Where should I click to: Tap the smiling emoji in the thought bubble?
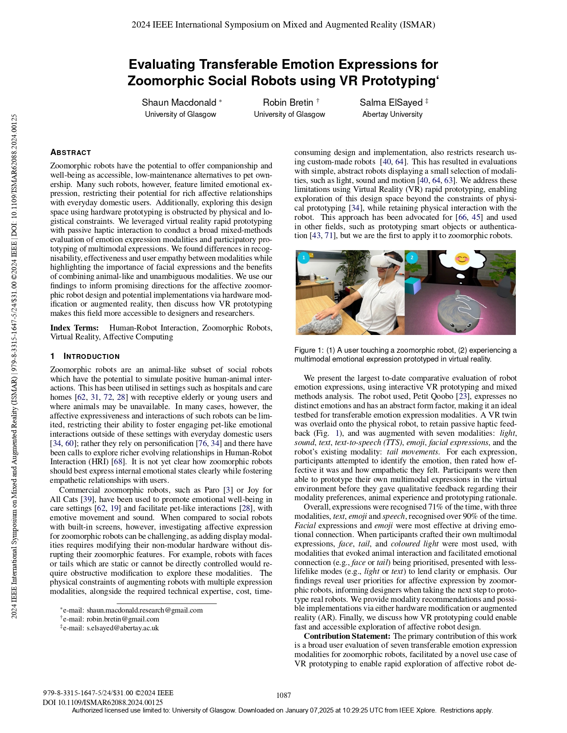tap(462, 259)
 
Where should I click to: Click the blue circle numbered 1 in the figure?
tap(303, 257)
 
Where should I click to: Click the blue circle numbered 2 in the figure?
tap(412, 257)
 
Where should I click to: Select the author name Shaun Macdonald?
tap(179, 103)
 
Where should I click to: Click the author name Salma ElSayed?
tap(391, 103)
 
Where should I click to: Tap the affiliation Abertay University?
tap(392, 114)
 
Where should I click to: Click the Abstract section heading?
tap(71, 152)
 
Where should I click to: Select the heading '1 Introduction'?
tap(85, 356)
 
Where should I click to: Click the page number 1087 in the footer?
tap(284, 695)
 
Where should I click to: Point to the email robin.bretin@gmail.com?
tap(123, 619)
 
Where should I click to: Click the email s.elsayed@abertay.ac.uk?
tap(122, 628)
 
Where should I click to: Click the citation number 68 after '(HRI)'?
tap(118, 462)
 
